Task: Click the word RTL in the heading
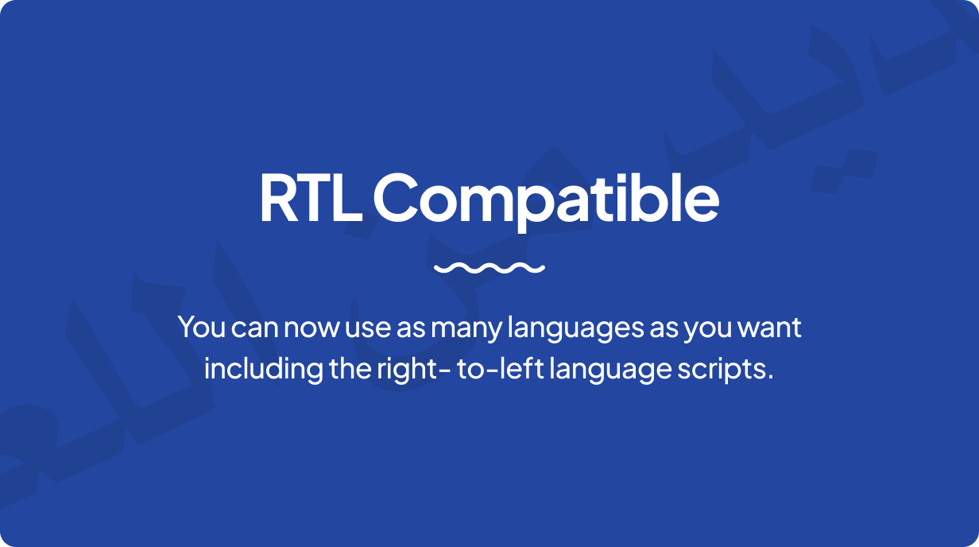point(311,198)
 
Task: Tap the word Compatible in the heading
point(547,200)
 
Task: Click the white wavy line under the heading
point(489,268)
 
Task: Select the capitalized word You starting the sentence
point(202,327)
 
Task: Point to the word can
point(255,328)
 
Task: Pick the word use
point(368,328)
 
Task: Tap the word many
point(466,331)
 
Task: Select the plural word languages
point(575,329)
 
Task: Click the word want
point(769,328)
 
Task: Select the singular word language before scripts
point(610,370)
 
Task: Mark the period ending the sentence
point(770,378)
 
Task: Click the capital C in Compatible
point(395,198)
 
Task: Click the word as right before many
point(411,328)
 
